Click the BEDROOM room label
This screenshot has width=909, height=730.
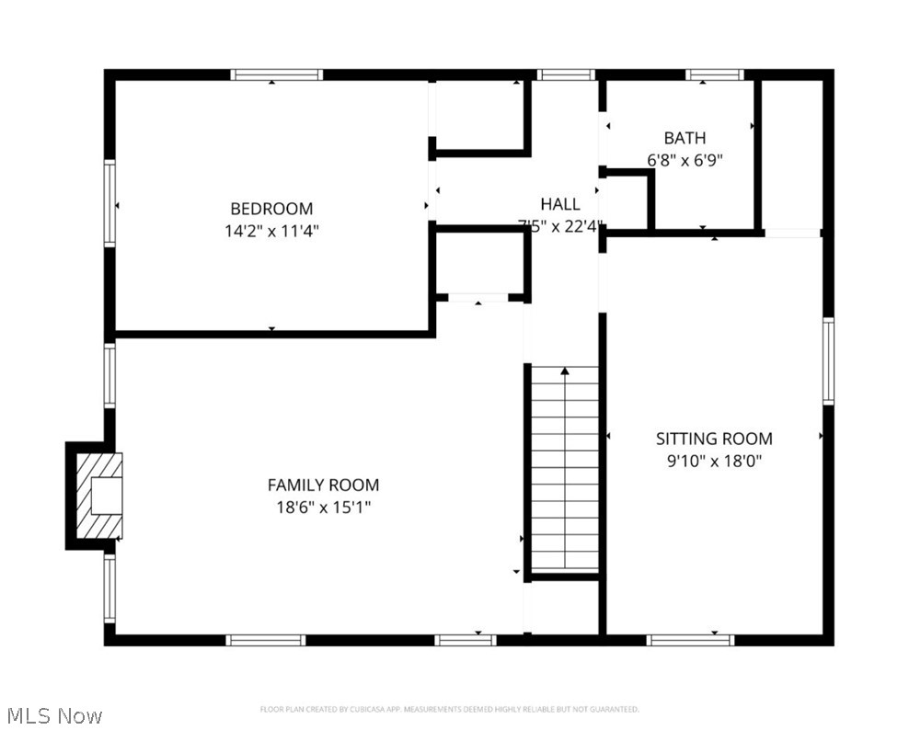click(271, 209)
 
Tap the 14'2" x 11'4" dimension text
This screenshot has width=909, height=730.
click(271, 231)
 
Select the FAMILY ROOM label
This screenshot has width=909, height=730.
click(323, 485)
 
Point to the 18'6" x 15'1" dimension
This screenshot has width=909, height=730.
click(323, 507)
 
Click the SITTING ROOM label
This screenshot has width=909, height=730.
click(714, 439)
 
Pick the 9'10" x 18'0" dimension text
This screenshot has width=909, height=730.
click(714, 461)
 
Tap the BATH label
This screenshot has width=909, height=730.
click(685, 138)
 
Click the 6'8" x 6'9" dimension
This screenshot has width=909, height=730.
click(685, 160)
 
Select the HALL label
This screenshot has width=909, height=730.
click(560, 204)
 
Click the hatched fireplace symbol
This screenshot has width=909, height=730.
click(98, 496)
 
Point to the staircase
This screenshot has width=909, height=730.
click(565, 469)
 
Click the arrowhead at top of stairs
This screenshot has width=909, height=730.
click(565, 371)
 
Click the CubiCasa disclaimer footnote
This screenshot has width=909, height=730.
click(449, 709)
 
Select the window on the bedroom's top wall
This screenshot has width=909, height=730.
click(276, 74)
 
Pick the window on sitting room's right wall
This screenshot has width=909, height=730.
click(828, 360)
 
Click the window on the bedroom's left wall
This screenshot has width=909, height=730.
click(109, 203)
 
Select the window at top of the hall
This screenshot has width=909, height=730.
click(566, 74)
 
